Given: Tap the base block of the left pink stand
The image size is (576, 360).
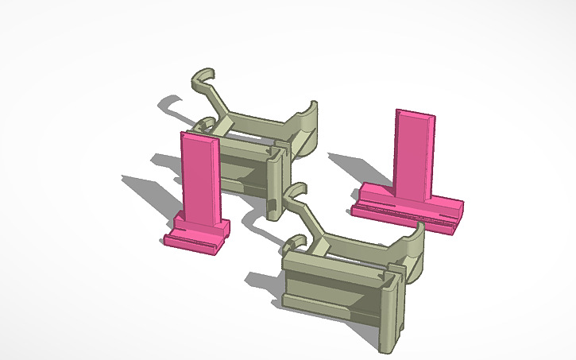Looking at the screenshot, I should (x=197, y=238).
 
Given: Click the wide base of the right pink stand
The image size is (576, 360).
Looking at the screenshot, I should (x=405, y=205).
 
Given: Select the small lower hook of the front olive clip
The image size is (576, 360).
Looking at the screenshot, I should (x=295, y=242).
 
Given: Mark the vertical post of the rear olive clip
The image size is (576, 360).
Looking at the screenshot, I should (x=275, y=183).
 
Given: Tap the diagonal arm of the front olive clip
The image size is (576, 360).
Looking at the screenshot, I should (x=314, y=223).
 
